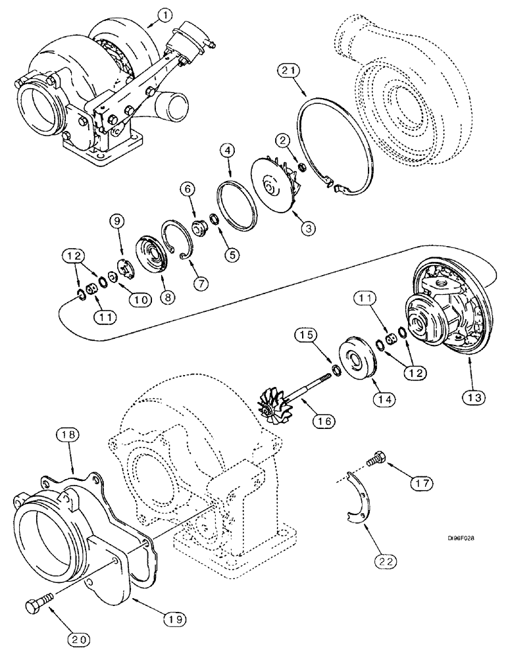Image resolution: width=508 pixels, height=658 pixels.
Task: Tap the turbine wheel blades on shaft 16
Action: (274, 404)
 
